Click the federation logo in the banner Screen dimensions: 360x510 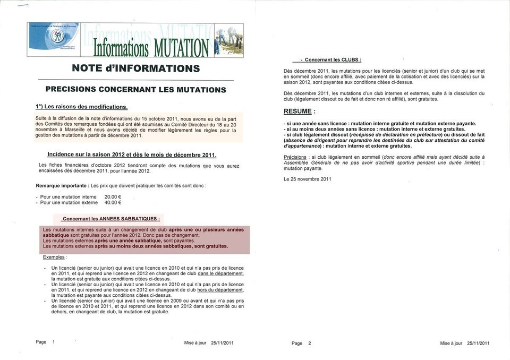pos(56,36)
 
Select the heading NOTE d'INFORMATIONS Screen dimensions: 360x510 pos(136,68)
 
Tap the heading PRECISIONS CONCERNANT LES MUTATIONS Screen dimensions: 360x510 pos(136,89)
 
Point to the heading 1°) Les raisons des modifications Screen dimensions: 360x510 pos(82,106)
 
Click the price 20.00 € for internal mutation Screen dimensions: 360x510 pos(113,196)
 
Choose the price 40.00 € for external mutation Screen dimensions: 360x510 pos(113,202)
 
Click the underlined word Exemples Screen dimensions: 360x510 pos(54,257)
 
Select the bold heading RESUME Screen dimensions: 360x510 pos(300,112)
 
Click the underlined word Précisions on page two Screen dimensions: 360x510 pos(295,157)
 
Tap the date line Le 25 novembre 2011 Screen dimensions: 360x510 pos(308,179)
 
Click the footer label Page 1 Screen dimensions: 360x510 pos(46,342)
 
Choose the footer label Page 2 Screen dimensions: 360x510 pos(301,344)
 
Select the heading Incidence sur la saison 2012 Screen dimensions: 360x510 pos(132,155)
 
